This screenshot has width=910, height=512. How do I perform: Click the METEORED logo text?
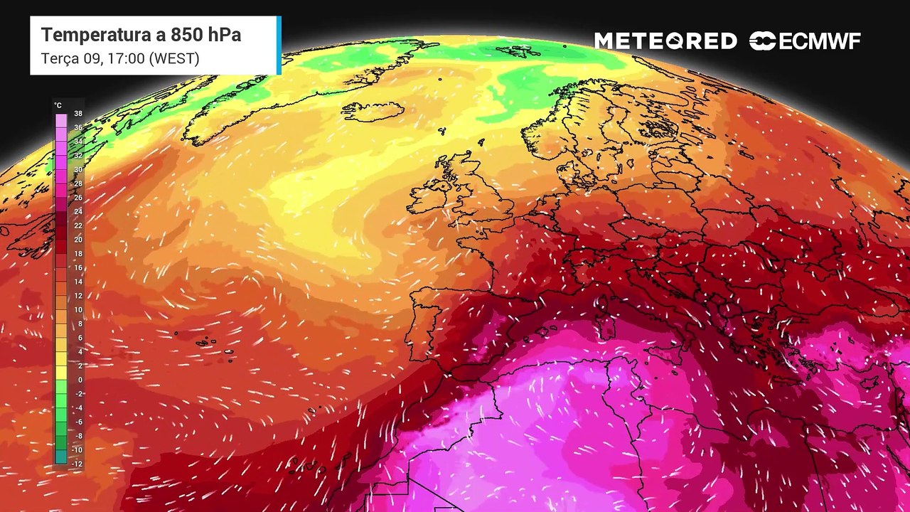[x=665, y=41]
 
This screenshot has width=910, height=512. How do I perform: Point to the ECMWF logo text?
[x=819, y=41]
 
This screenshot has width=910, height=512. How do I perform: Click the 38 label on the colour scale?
[x=78, y=113]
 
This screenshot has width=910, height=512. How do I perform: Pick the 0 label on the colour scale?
[x=79, y=380]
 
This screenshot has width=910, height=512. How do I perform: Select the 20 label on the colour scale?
[x=78, y=240]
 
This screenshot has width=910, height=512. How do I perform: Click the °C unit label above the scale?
[x=58, y=105]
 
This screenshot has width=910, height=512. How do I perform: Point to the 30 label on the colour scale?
[x=78, y=169]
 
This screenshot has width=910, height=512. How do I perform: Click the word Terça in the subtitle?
[x=59, y=58]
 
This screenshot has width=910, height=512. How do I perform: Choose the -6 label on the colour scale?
[x=78, y=422]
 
